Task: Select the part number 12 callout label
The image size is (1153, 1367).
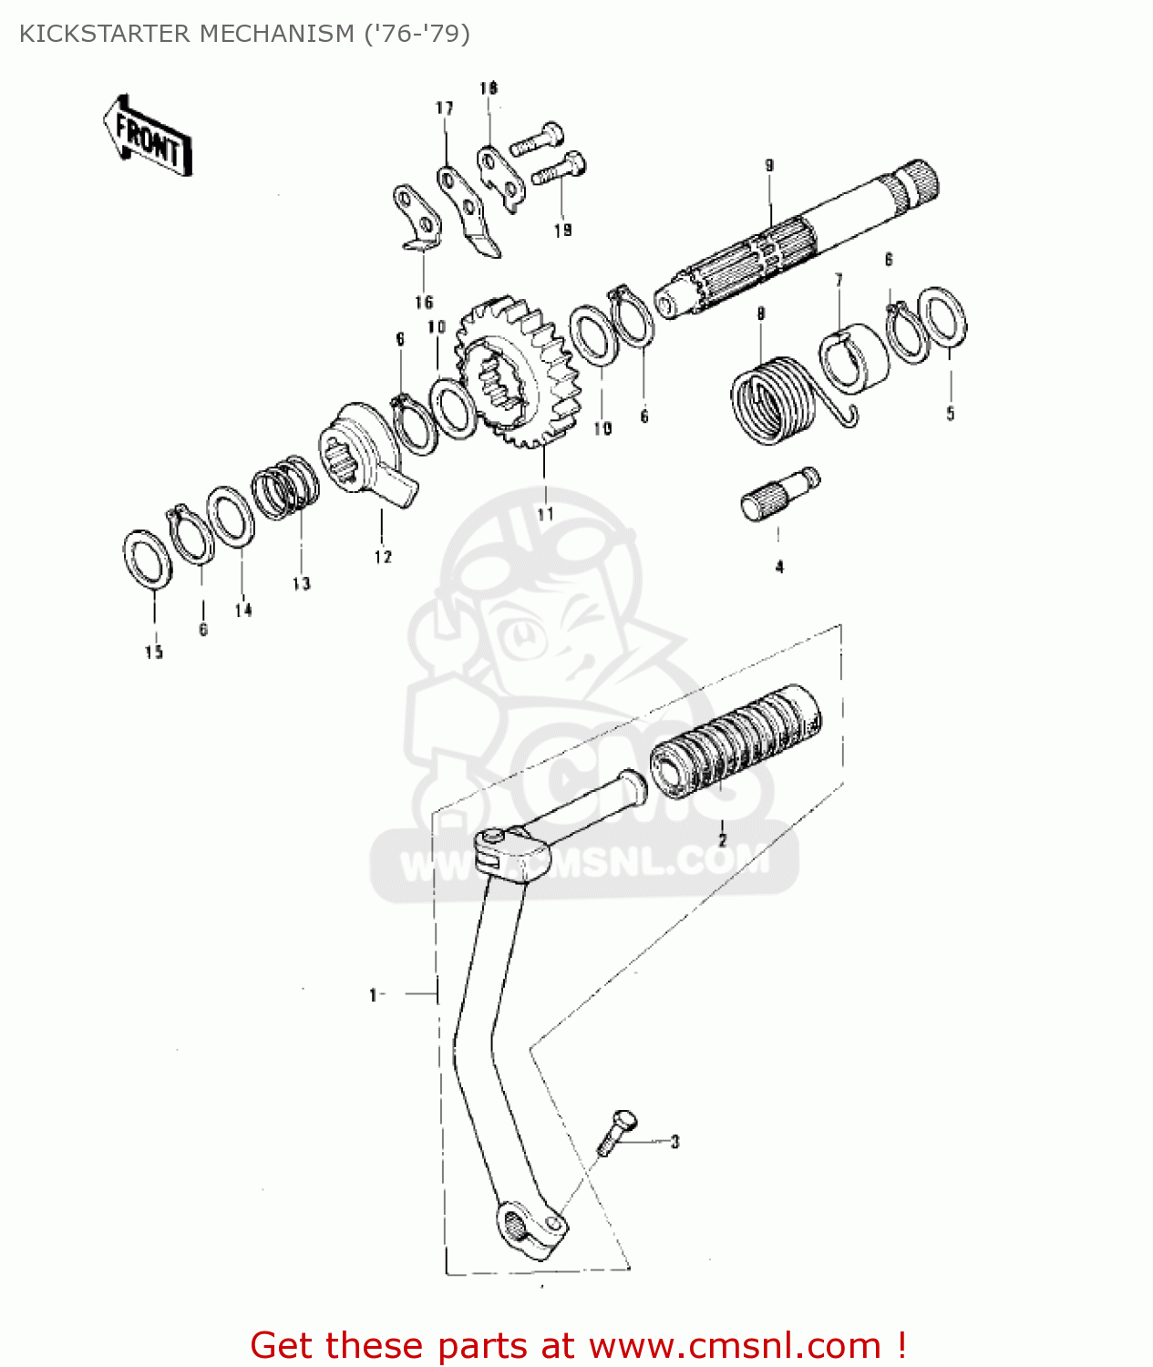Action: click(x=383, y=557)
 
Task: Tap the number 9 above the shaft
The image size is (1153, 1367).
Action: click(x=769, y=166)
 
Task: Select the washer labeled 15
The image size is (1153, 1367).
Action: click(x=147, y=559)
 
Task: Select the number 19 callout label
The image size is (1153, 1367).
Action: click(x=562, y=231)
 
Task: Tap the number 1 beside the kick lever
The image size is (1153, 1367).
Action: click(x=373, y=994)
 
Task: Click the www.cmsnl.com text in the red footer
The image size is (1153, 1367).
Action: click(x=735, y=1345)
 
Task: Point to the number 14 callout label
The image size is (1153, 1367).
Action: click(x=242, y=610)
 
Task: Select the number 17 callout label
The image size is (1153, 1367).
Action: click(x=444, y=108)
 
